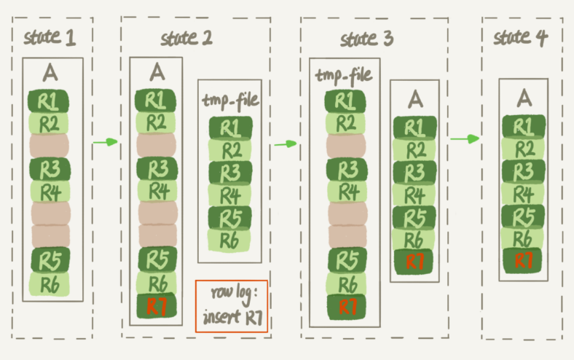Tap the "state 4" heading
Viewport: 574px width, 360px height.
tap(520, 37)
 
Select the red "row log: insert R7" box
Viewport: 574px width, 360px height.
tap(231, 307)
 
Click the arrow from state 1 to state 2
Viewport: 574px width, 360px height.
tap(106, 142)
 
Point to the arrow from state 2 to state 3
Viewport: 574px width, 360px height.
tap(285, 144)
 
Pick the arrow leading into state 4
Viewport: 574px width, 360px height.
tap(465, 138)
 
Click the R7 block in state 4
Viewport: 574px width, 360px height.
tap(522, 261)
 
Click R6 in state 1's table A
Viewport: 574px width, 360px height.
tap(50, 283)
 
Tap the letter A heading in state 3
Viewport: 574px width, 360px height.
tap(415, 97)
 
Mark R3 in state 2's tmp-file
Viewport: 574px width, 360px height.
tap(230, 173)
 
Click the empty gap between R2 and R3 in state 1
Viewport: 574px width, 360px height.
tap(50, 144)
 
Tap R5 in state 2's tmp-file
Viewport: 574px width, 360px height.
tap(230, 218)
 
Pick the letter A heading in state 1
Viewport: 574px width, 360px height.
tap(50, 72)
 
